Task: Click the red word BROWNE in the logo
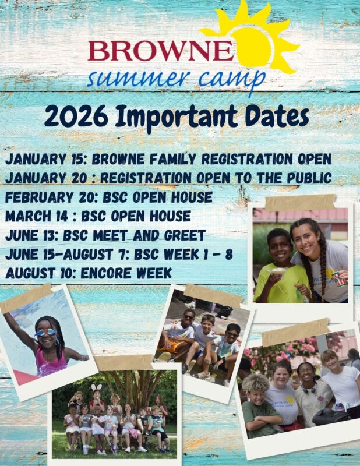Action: point(160,51)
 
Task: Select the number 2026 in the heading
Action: point(76,115)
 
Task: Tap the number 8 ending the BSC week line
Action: point(229,255)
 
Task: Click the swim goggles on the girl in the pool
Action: point(46,332)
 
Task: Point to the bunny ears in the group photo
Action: point(96,387)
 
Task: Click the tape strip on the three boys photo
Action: point(213,295)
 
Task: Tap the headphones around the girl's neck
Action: point(309,389)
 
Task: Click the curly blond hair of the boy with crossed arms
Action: point(255,383)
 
